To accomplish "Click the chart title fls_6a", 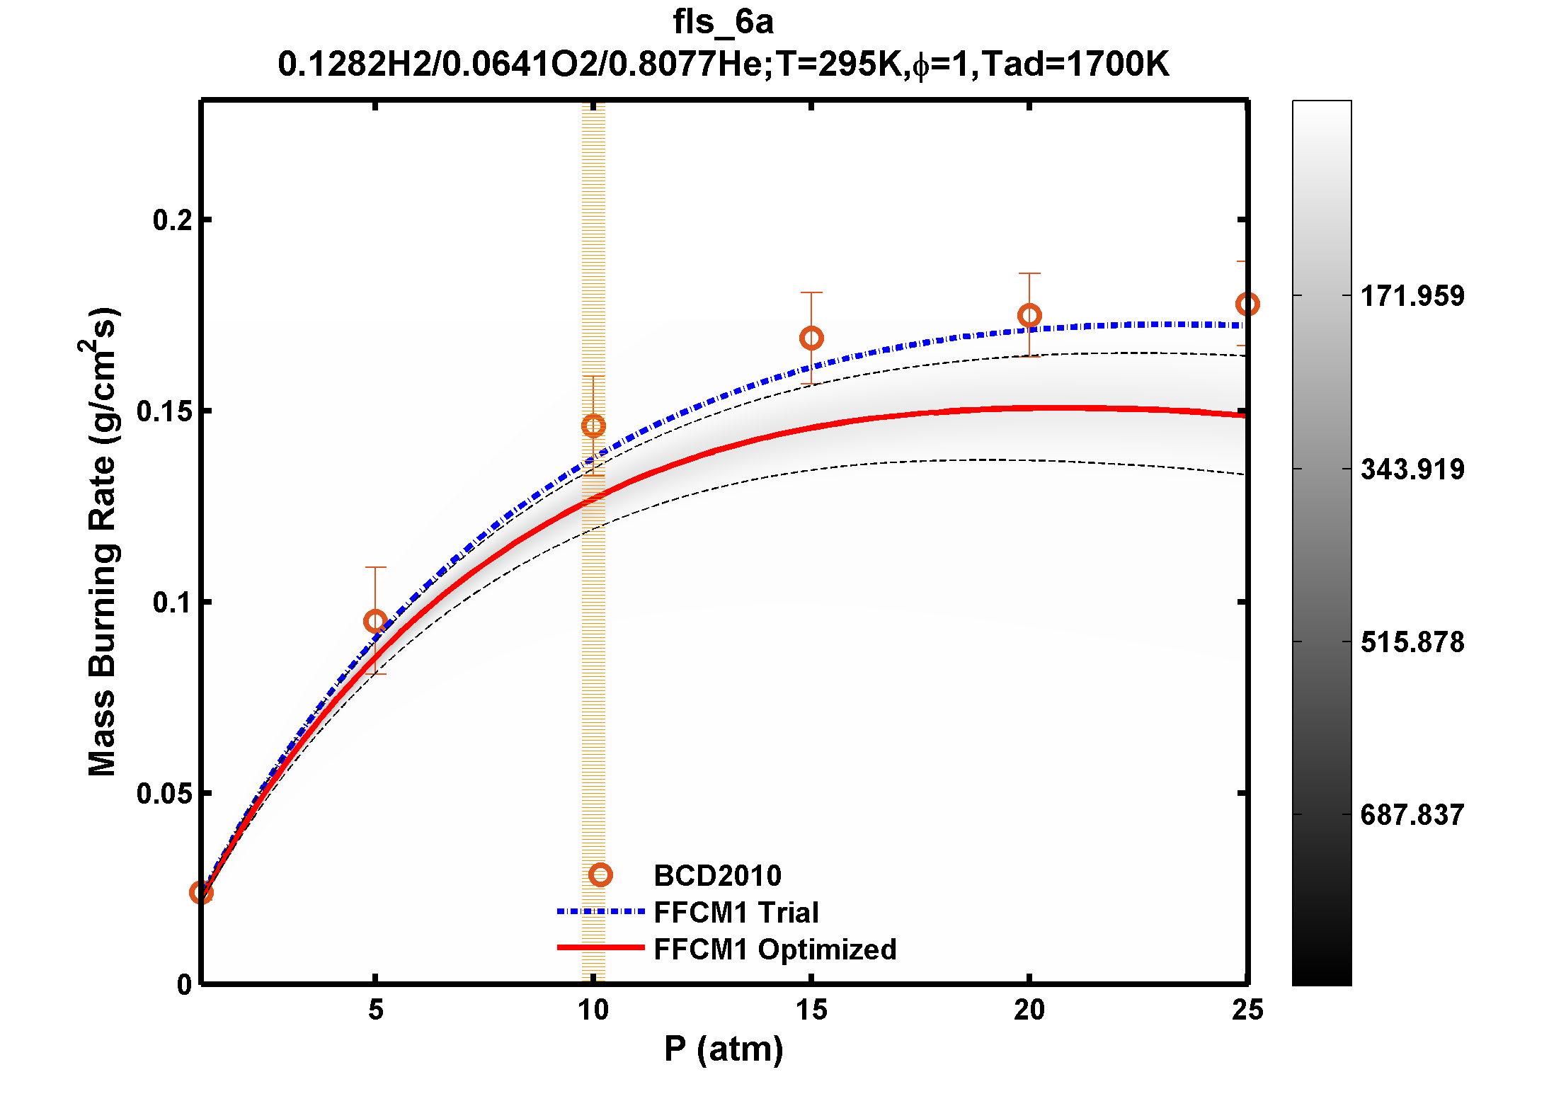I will [x=723, y=22].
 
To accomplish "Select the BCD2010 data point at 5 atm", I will [x=375, y=622].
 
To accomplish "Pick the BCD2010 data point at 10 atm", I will [x=593, y=426].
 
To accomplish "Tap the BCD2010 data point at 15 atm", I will [x=811, y=338].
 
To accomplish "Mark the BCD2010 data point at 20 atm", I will [x=1029, y=316].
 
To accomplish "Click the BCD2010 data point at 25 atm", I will [x=1247, y=304].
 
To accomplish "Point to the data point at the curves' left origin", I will [x=202, y=893].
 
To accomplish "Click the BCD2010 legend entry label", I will [x=717, y=876].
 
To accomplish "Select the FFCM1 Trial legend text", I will [x=736, y=913].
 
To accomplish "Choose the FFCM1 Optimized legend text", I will [x=774, y=950].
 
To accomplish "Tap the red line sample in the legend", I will [x=600, y=947].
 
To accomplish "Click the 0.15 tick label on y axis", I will [x=164, y=411].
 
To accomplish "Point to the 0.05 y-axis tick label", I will [x=164, y=794].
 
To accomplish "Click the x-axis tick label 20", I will [x=1029, y=1010].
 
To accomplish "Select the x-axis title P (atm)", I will [x=724, y=1049].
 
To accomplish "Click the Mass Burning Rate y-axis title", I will [x=101, y=542].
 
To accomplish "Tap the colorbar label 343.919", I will [x=1412, y=469].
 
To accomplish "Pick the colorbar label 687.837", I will [x=1412, y=815].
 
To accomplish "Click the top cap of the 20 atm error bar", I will [x=1029, y=273].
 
